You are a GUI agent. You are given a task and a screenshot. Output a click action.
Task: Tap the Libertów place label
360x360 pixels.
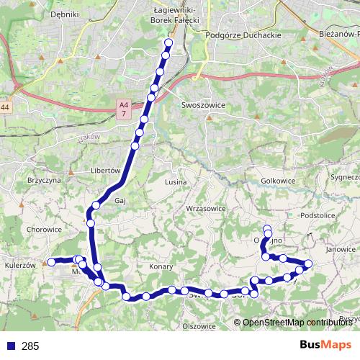pos(104,171)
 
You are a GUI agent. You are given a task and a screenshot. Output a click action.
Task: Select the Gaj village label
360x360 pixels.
pos(120,202)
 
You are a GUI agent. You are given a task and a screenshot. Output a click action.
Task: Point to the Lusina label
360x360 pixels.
pos(176,182)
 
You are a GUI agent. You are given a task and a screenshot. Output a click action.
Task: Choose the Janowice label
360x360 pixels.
pos(341,249)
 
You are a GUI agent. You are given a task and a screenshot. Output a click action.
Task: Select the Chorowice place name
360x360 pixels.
pos(43,230)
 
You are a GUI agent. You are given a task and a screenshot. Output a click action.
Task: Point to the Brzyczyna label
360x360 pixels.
pos(43,181)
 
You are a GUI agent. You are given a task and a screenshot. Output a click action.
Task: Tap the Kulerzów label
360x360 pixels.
pos(19,265)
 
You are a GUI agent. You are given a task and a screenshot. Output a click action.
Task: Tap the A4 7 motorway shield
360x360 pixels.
pos(124,109)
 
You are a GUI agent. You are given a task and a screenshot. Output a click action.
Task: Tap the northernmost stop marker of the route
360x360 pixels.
pos(169,42)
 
